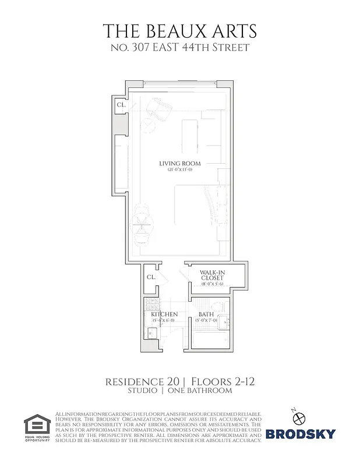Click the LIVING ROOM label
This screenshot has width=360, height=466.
tap(179, 163)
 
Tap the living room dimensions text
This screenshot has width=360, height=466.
tap(179, 170)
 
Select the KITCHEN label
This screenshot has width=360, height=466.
tap(165, 315)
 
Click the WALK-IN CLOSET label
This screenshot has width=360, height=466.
tap(213, 275)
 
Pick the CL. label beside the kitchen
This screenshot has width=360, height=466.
tap(150, 277)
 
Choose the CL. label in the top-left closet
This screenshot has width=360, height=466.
tap(121, 105)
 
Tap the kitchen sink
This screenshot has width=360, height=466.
tap(150, 333)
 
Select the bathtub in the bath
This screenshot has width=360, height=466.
tap(211, 338)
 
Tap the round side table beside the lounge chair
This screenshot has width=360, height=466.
tap(149, 125)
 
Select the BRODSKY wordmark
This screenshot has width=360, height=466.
tap(301, 435)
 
